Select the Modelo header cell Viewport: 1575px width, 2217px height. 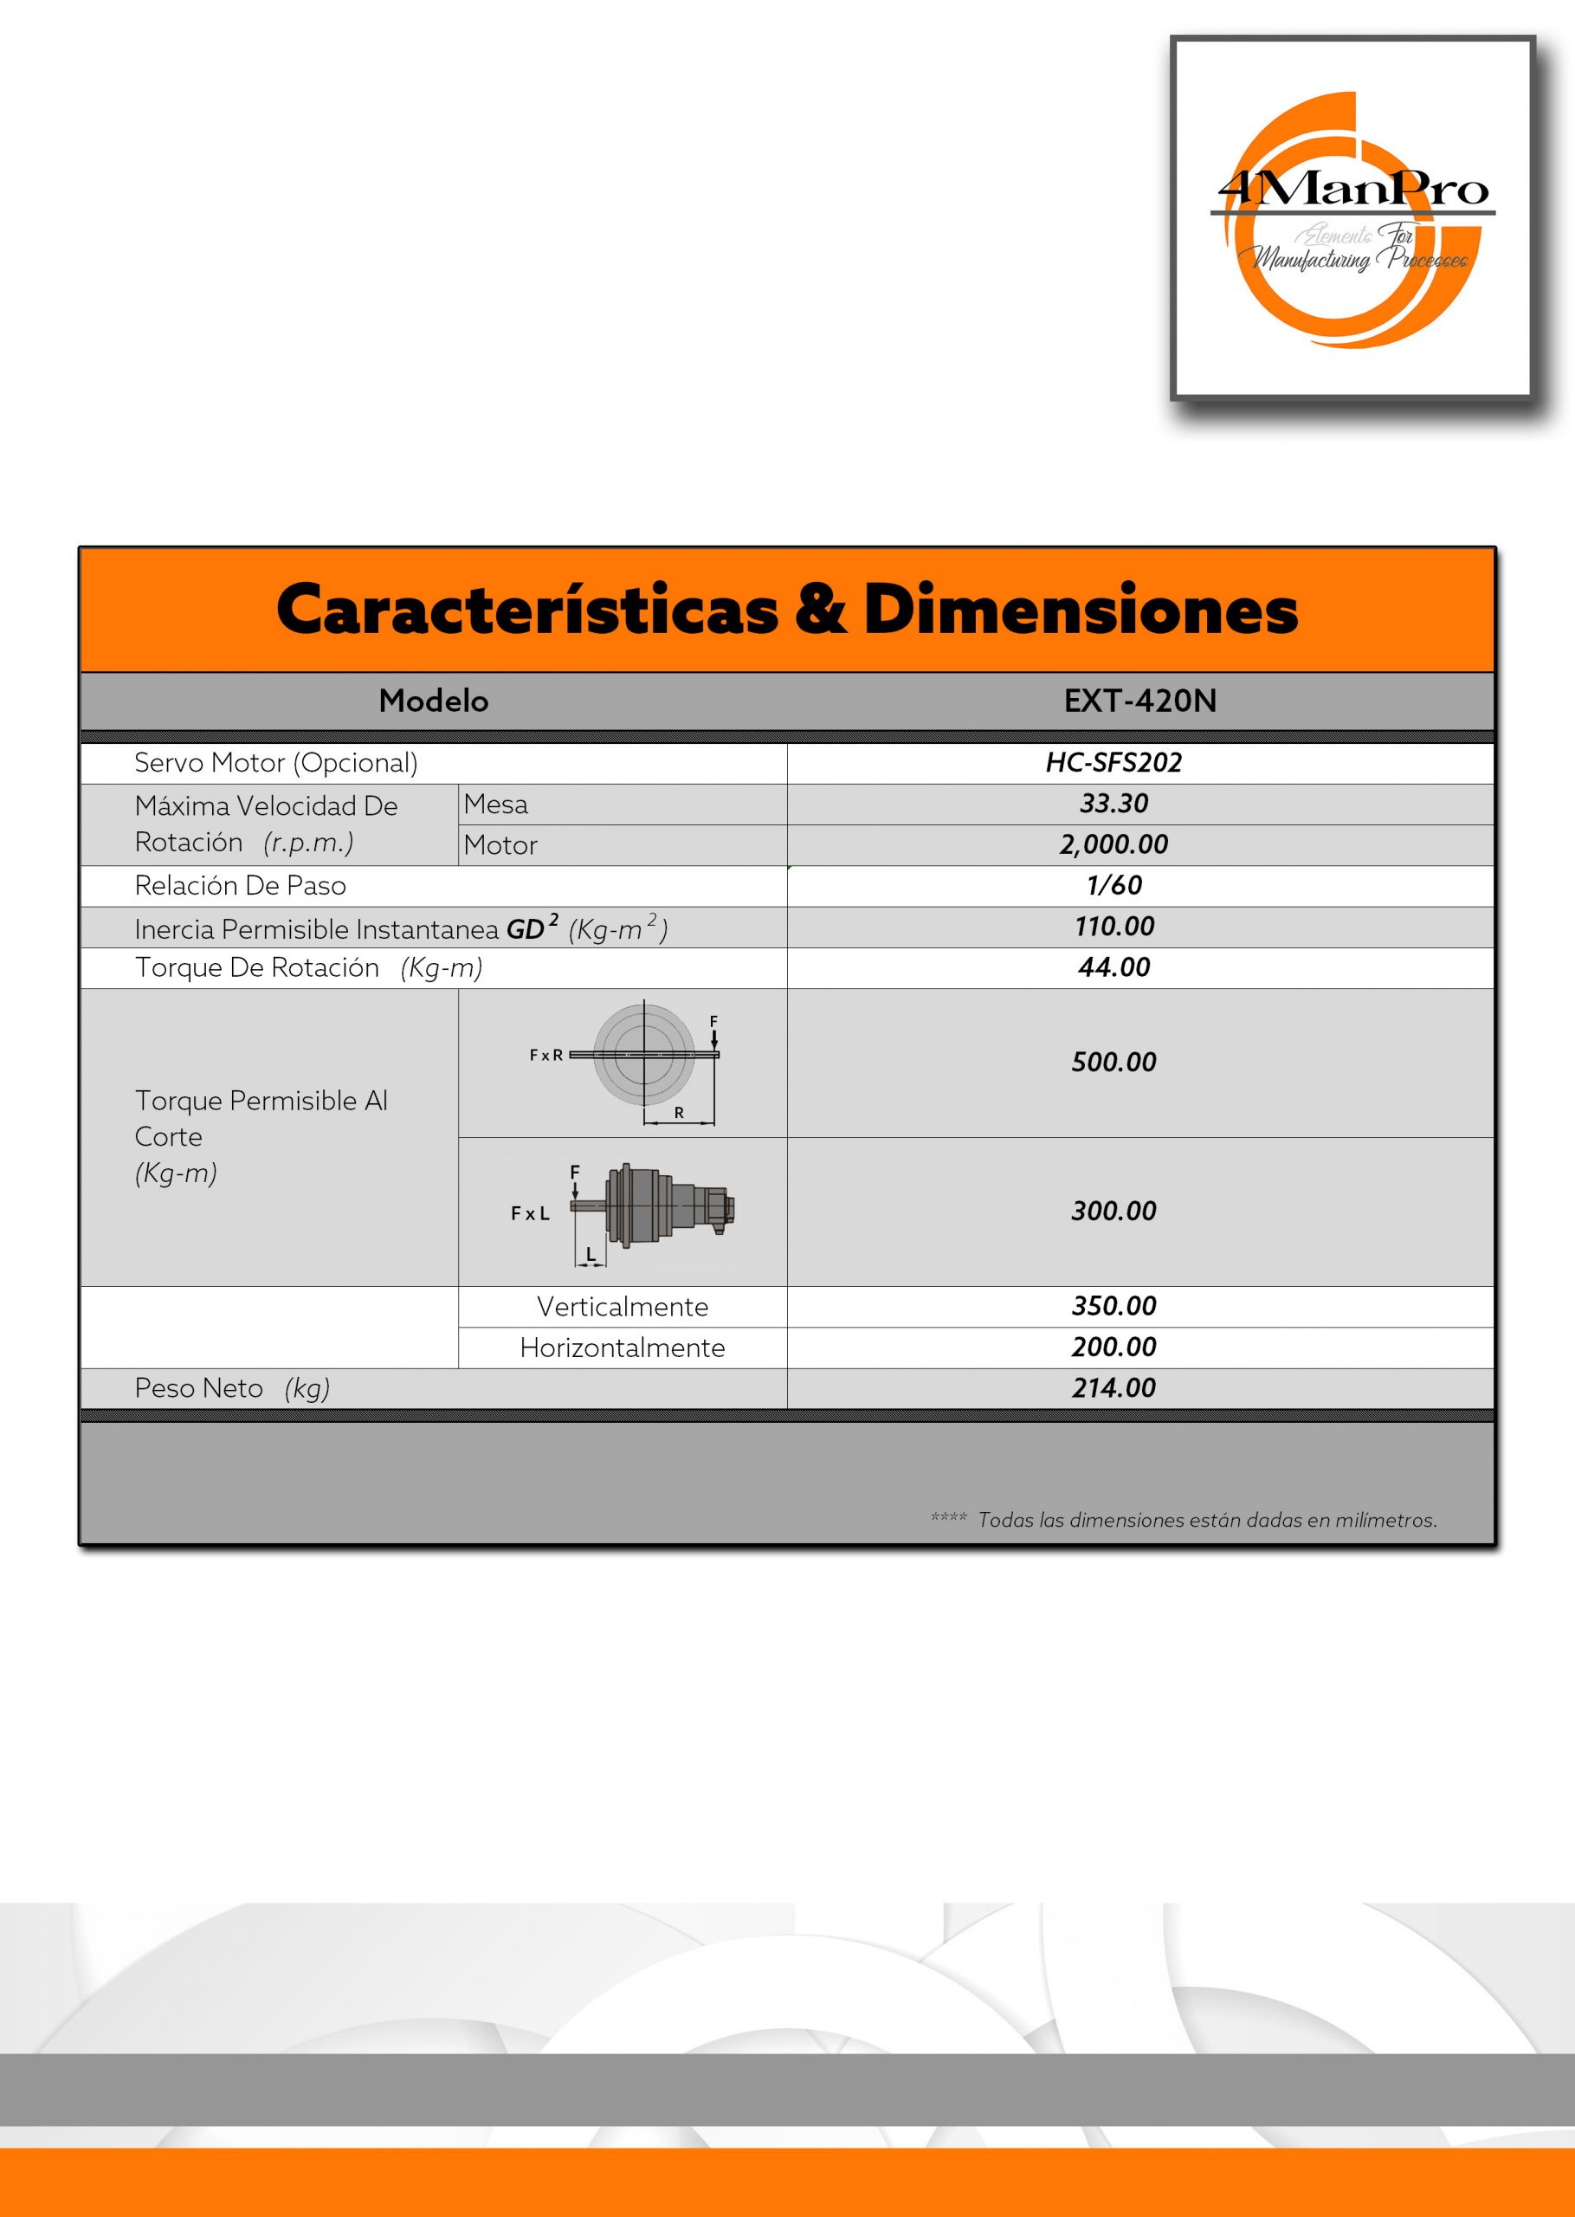pos(434,701)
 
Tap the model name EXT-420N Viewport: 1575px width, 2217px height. pos(1139,701)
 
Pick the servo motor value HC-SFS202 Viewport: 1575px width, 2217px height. pos(1113,762)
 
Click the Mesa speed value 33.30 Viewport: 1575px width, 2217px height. pos(1113,803)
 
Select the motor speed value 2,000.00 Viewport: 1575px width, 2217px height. pos(1113,843)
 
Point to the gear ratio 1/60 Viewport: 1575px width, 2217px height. pos(1113,884)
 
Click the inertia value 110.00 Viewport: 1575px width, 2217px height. pos(1113,926)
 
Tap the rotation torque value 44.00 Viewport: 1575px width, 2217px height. pos(1113,967)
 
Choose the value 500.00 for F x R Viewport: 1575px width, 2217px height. pos(1113,1062)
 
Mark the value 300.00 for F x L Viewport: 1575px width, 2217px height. pos(1113,1211)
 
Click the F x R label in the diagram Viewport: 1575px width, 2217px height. pos(546,1055)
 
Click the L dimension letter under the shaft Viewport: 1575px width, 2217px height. pos(591,1255)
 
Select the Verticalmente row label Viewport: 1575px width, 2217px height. pos(622,1306)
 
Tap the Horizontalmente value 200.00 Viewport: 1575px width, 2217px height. pos(1113,1347)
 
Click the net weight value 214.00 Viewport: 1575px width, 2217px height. pos(1113,1388)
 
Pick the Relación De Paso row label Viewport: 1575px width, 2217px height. pos(241,885)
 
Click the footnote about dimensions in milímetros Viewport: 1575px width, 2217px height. pos(1206,1520)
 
